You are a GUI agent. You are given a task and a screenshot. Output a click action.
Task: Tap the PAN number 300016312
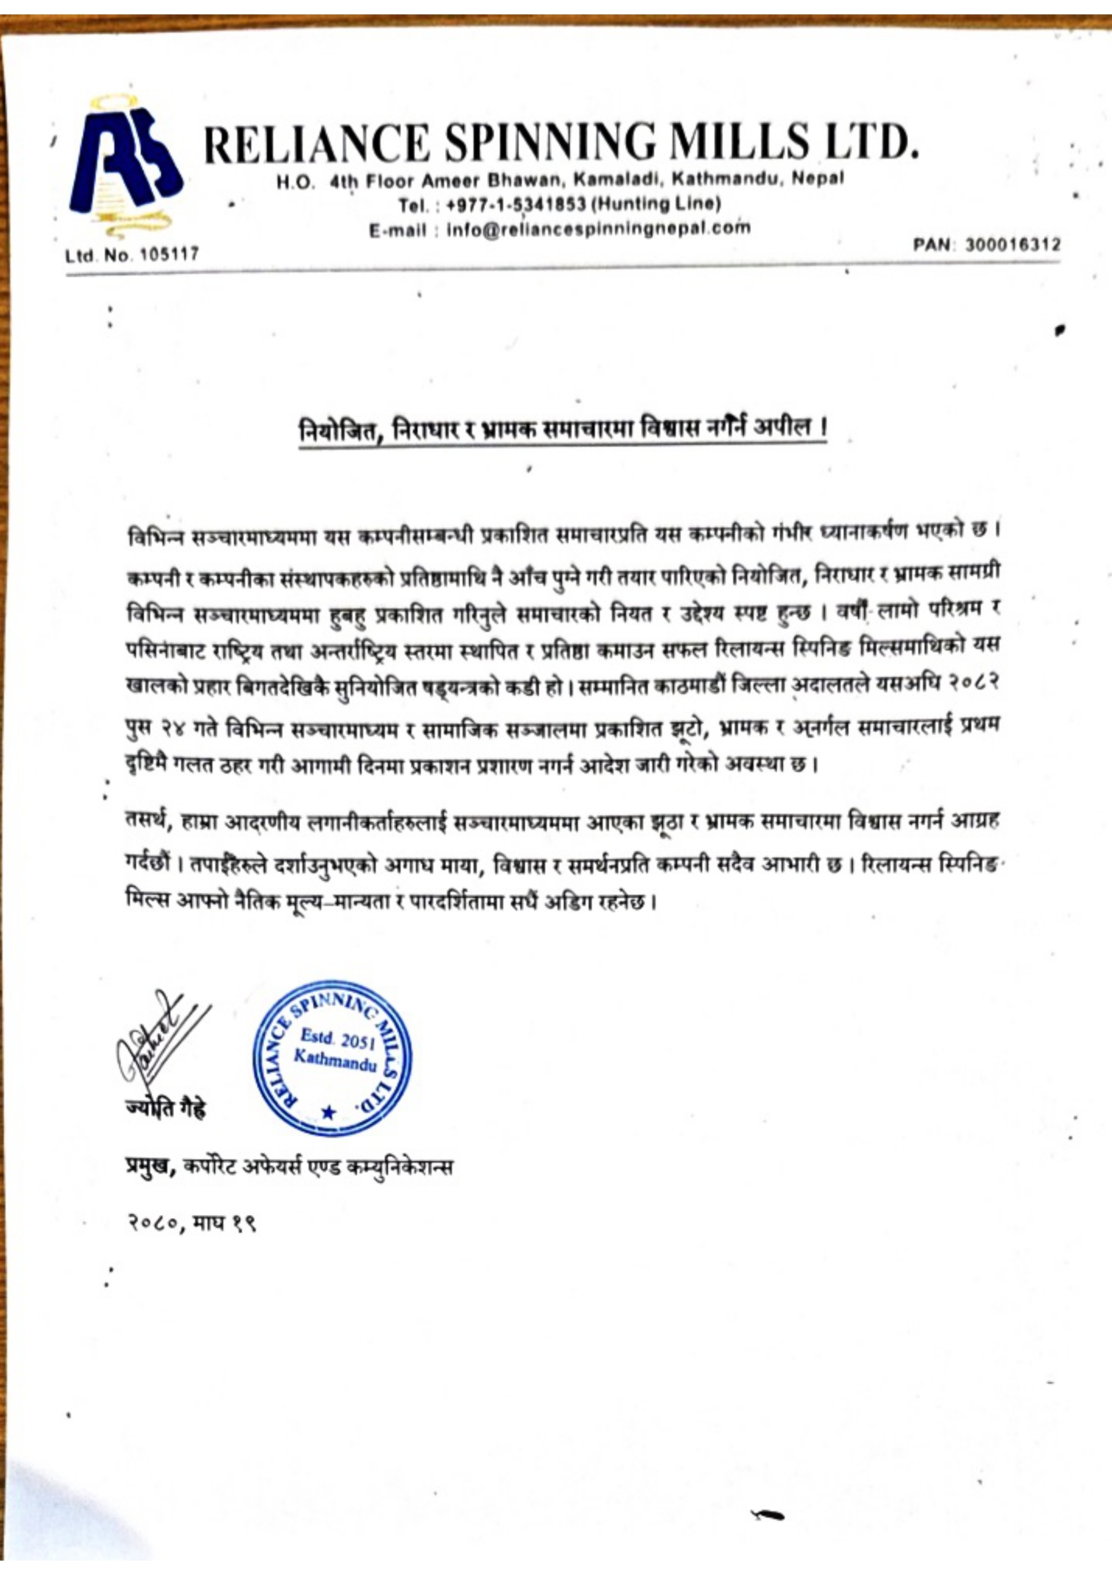1012,244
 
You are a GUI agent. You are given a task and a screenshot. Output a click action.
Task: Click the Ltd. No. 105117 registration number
132,255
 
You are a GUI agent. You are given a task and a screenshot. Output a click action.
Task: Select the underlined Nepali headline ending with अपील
563,430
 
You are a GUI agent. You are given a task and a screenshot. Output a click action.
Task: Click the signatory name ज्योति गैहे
165,1109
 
